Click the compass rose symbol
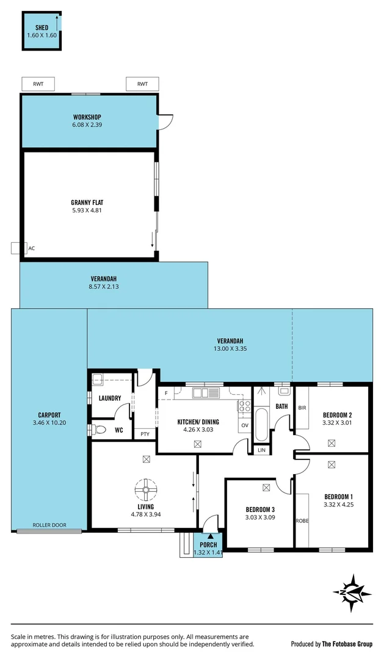point(352,592)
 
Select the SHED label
point(42,28)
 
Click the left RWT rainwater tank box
point(38,84)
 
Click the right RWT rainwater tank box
point(142,84)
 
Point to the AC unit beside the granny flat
point(16,248)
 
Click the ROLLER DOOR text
point(49,524)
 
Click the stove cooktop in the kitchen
point(244,406)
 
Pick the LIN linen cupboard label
point(262,450)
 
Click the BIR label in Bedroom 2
point(302,408)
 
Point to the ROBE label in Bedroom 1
point(302,520)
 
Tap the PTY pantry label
point(145,434)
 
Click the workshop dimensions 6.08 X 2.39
point(87,125)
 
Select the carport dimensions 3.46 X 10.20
point(49,423)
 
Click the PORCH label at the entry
point(208,545)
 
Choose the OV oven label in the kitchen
point(245,425)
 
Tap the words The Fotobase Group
point(347,644)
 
